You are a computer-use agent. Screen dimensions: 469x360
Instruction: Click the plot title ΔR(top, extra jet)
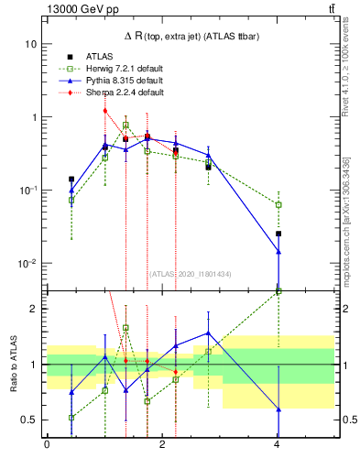coord(191,35)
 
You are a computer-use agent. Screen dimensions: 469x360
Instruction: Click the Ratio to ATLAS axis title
coord(16,364)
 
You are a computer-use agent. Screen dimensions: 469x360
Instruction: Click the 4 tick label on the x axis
coord(278,445)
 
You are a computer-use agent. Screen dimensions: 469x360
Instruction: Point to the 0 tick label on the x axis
coord(47,445)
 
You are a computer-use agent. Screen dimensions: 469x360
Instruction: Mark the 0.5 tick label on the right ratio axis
coord(346,420)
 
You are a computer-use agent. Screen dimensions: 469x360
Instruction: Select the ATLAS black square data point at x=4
coord(278,234)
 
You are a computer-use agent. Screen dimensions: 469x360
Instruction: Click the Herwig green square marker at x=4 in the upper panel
coord(278,204)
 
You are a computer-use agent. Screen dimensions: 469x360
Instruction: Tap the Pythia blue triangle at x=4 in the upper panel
coord(278,251)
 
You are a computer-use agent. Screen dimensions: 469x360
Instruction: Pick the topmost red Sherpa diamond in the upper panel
coord(105,111)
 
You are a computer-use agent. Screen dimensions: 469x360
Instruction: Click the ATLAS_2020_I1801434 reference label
coord(191,274)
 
